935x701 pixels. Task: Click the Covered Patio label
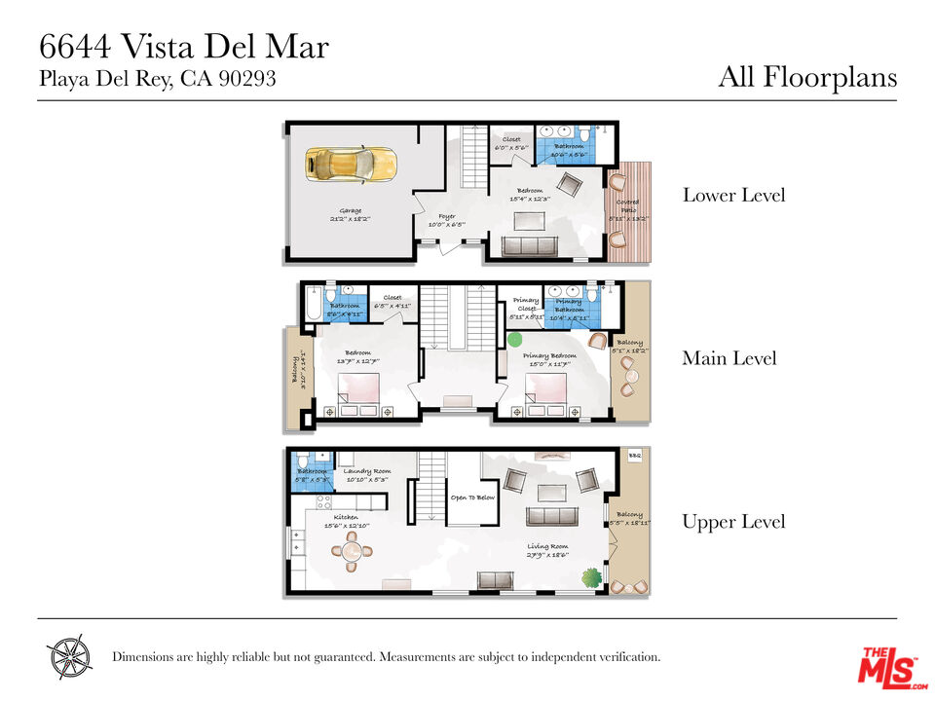click(x=627, y=208)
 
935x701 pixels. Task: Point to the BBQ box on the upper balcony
click(x=634, y=456)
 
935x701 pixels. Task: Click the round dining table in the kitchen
click(x=351, y=553)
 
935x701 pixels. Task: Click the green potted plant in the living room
click(x=590, y=576)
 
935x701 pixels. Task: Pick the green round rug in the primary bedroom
click(x=513, y=340)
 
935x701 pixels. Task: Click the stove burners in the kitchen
click(x=324, y=503)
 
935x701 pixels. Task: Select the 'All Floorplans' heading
click(x=806, y=77)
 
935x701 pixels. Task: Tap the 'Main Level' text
click(x=729, y=358)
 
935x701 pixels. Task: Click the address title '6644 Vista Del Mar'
click(x=183, y=46)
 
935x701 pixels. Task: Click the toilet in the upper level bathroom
click(x=303, y=459)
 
